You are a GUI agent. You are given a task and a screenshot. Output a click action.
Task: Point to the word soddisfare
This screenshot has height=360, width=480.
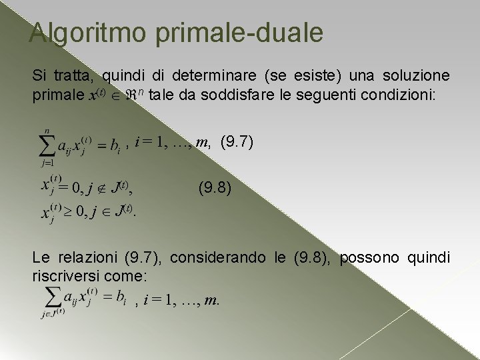265,95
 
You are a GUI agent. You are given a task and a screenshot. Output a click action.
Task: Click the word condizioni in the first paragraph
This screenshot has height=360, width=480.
396,95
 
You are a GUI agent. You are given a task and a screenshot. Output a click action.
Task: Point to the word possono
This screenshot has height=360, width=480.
370,258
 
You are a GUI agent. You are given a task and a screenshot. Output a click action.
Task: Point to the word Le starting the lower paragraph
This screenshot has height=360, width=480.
40,258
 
